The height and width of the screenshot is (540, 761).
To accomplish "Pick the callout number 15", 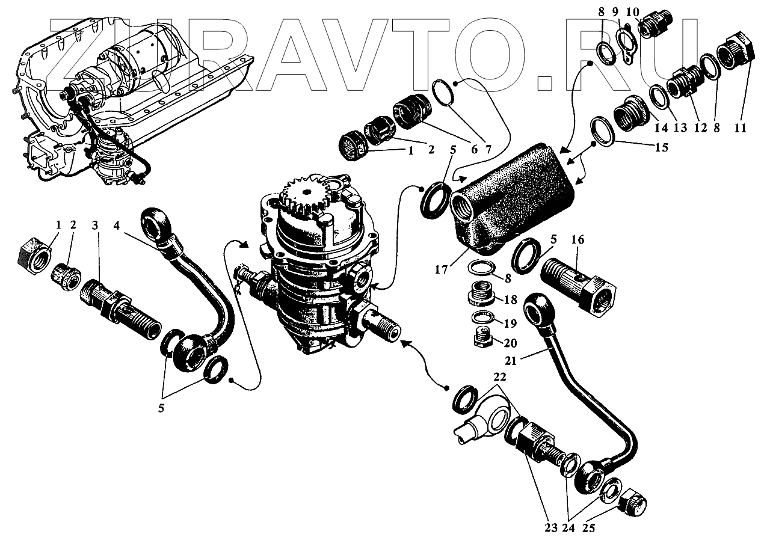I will click(661, 147).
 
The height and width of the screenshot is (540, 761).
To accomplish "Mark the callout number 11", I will click(741, 128).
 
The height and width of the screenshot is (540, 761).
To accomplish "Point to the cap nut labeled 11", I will click(737, 53).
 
